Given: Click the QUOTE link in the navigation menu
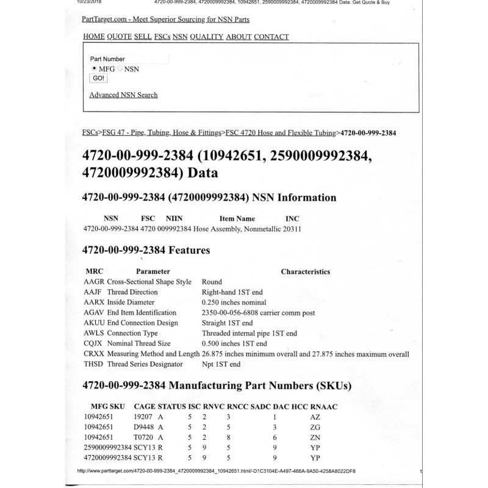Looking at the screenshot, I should [x=119, y=37].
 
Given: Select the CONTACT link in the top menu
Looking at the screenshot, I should [x=271, y=37].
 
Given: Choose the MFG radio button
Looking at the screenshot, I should [x=93, y=69].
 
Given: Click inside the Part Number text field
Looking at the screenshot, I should [x=147, y=59].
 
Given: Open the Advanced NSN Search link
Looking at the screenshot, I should [x=123, y=95].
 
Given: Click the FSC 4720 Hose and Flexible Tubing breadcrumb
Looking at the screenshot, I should [x=281, y=132].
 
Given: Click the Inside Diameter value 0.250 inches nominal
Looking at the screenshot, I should [x=234, y=302].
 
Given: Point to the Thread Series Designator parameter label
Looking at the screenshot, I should [x=145, y=364].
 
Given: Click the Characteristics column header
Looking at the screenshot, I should [x=305, y=271].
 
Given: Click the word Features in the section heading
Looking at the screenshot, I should [x=185, y=250].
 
